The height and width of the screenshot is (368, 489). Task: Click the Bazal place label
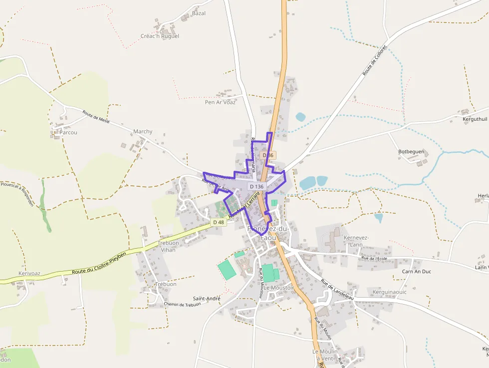pos(199,13)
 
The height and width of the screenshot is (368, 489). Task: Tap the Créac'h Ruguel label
pos(160,36)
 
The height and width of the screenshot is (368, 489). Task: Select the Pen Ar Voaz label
pos(220,102)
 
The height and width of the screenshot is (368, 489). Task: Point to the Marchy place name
pos(143,132)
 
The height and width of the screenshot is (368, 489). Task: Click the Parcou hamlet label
pos(68,132)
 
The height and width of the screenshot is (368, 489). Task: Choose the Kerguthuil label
pos(475,119)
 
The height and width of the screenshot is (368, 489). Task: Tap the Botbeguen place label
pos(411,151)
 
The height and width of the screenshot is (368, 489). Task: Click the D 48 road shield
pos(218,222)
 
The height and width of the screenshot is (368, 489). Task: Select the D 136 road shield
pos(256,186)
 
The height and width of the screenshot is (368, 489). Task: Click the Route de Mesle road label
pos(96,117)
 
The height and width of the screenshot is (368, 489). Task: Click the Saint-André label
pos(207,299)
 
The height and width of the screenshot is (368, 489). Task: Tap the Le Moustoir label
pos(279,288)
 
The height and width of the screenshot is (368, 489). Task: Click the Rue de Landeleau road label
pos(337,289)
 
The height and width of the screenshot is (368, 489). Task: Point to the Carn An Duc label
pos(417,272)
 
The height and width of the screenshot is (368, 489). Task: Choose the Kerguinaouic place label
pos(389,292)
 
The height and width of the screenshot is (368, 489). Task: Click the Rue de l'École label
pos(375,258)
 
